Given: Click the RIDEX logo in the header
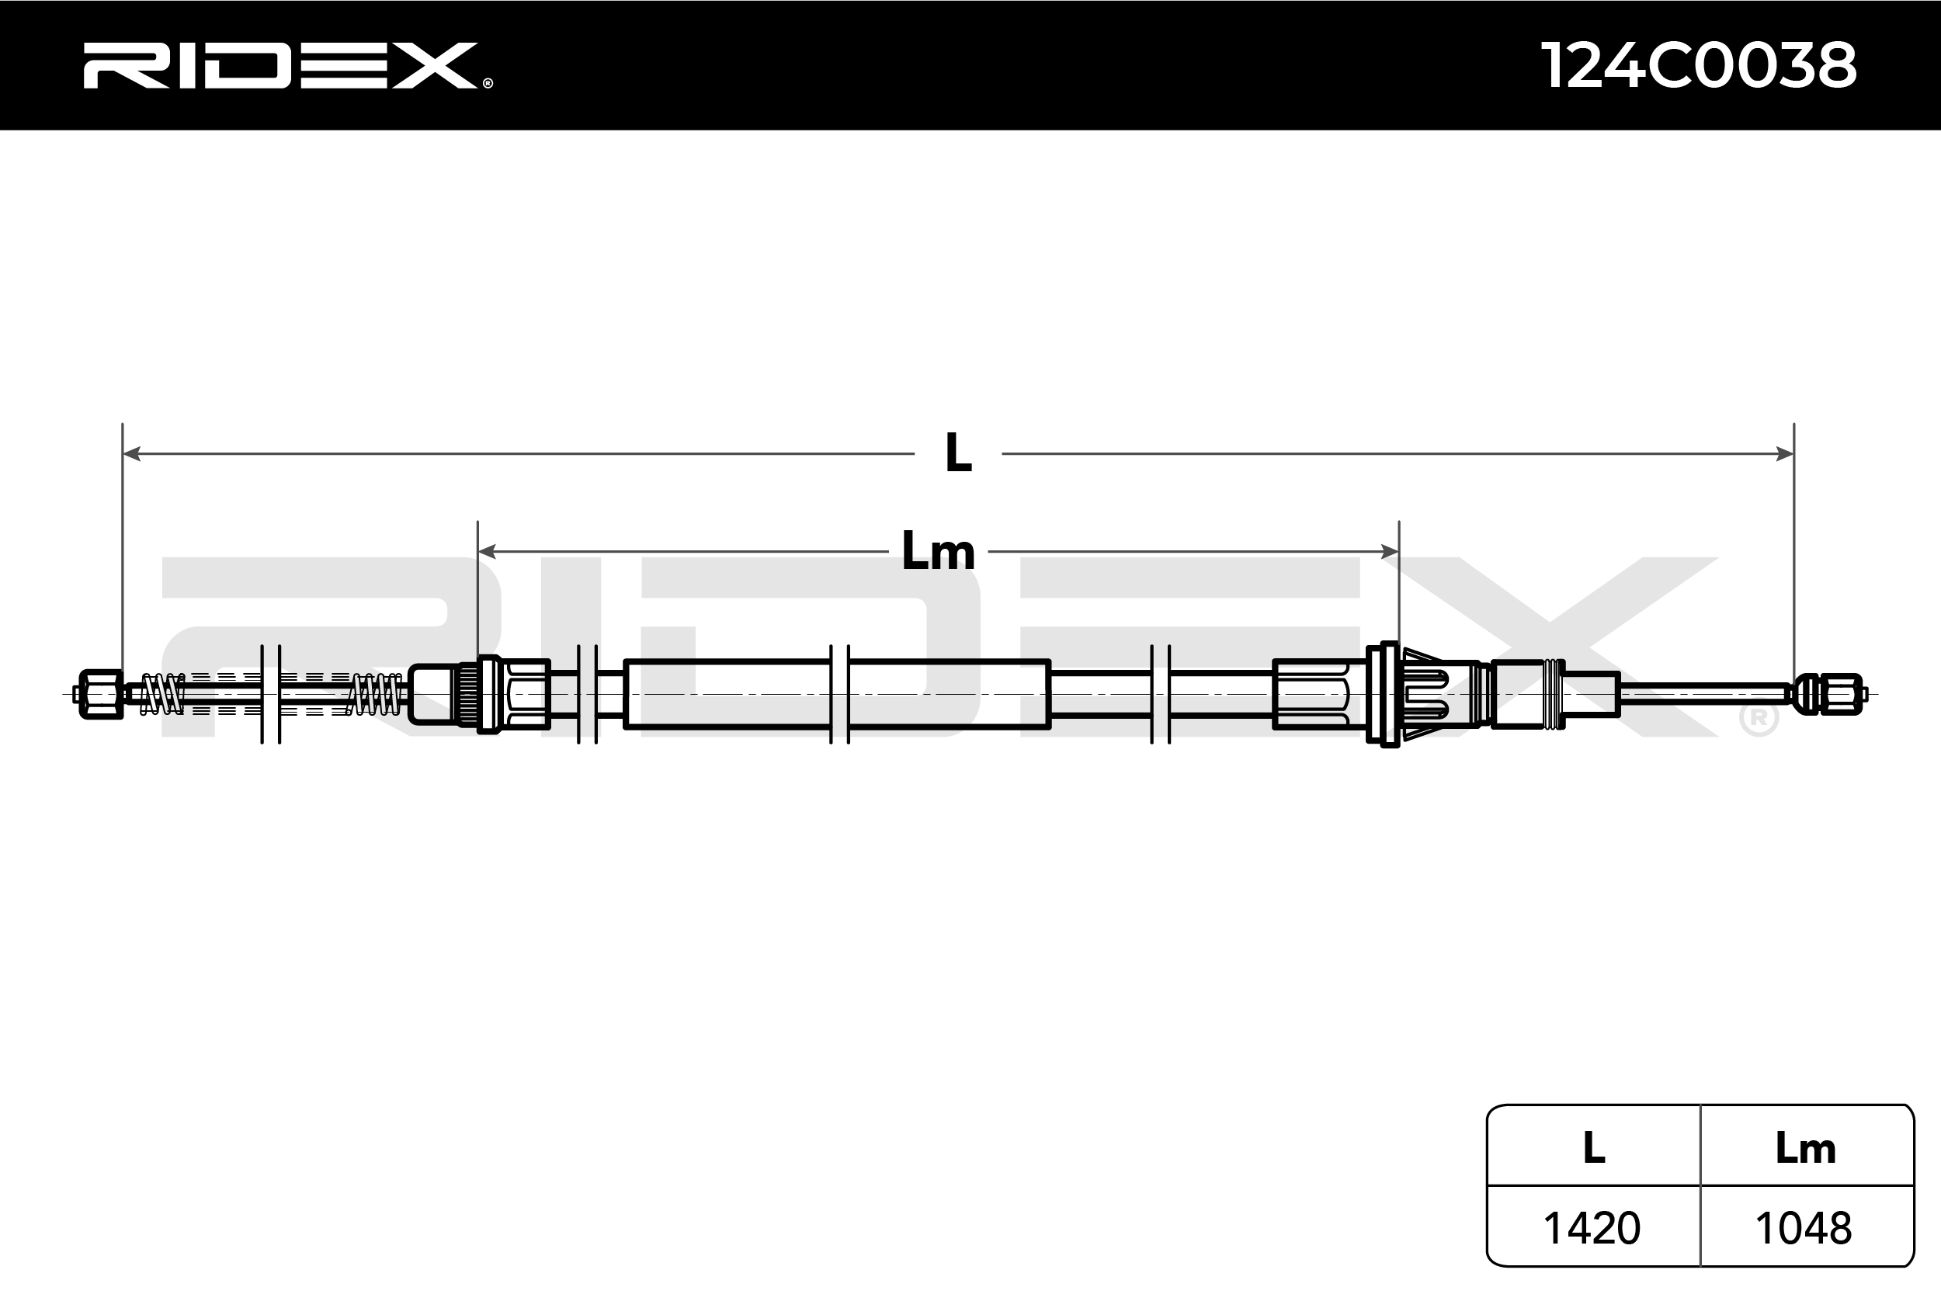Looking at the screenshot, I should pos(280,66).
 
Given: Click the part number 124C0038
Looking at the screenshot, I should pos(1699,66).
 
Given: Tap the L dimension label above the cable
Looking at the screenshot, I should pos(957,453).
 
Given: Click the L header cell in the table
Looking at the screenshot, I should pos(1594,1148).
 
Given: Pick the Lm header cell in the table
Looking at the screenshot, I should pos(1806,1148).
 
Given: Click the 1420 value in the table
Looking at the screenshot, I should pos(1591,1229).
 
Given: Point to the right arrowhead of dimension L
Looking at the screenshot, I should pos(1784,453).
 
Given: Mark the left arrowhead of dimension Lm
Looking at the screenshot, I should pos(487,551).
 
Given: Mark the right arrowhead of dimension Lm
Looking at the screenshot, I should pos(1390,551).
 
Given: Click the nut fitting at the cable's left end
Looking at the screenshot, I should pos(101,694).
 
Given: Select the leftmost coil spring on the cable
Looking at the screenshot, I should pos(162,694).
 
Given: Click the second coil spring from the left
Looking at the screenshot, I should pos(375,694).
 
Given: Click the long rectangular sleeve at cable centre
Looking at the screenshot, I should pos(837,694).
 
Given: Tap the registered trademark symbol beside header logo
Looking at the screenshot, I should pos(488,82).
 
